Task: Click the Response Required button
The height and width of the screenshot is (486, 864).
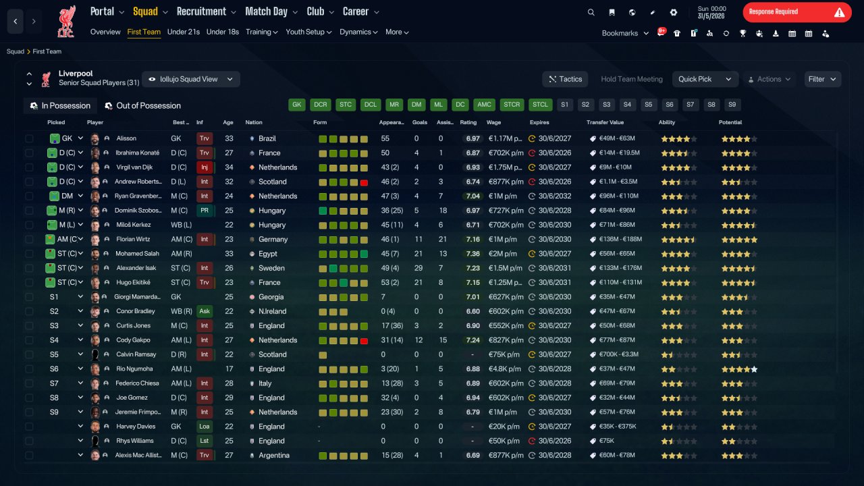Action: click(797, 12)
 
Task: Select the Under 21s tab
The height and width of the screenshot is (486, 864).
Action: click(183, 32)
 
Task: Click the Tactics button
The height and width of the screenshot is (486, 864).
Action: click(565, 79)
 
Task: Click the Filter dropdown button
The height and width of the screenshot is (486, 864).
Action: click(822, 79)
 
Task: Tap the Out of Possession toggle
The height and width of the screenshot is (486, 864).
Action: click(142, 106)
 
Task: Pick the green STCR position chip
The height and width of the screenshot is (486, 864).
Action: click(512, 105)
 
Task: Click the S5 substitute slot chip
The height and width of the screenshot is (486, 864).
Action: click(649, 105)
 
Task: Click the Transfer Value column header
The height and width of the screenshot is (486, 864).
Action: click(605, 122)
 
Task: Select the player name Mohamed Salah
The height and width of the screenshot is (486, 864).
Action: click(137, 253)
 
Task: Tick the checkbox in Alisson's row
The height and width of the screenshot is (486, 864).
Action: click(29, 138)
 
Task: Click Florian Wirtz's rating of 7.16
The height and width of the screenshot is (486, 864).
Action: click(473, 239)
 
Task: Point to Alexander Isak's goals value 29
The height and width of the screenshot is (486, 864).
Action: click(418, 268)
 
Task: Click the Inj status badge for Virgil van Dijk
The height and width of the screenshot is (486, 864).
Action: click(204, 167)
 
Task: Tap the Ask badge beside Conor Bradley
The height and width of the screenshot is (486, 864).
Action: click(205, 311)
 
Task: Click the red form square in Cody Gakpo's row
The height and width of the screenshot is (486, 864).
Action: click(364, 341)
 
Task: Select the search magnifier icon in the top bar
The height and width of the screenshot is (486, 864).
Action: click(591, 12)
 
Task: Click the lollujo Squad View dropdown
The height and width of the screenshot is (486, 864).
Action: click(191, 79)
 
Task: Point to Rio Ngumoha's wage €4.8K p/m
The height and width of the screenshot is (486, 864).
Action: click(504, 369)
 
